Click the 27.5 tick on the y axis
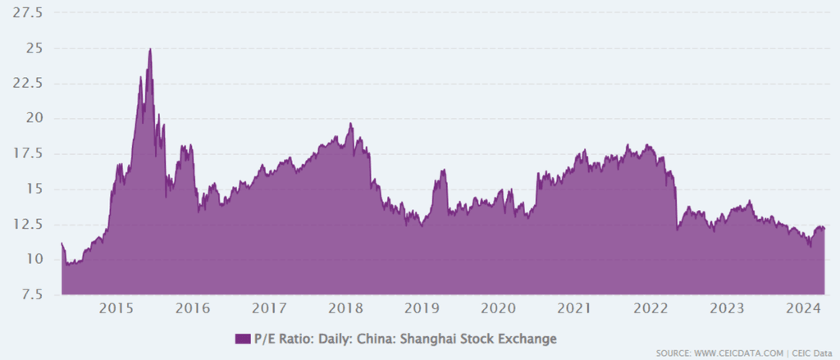(x=29, y=13)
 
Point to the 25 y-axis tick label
(x=35, y=48)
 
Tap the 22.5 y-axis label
(x=29, y=84)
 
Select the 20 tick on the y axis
(x=35, y=119)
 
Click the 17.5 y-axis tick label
(x=29, y=154)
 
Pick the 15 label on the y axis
(x=35, y=189)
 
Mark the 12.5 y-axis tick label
(x=29, y=225)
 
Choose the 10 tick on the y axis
(x=35, y=260)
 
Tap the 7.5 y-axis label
(x=32, y=294)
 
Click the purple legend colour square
(x=241, y=338)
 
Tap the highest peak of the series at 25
(x=150, y=49)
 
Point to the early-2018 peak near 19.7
(x=350, y=124)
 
